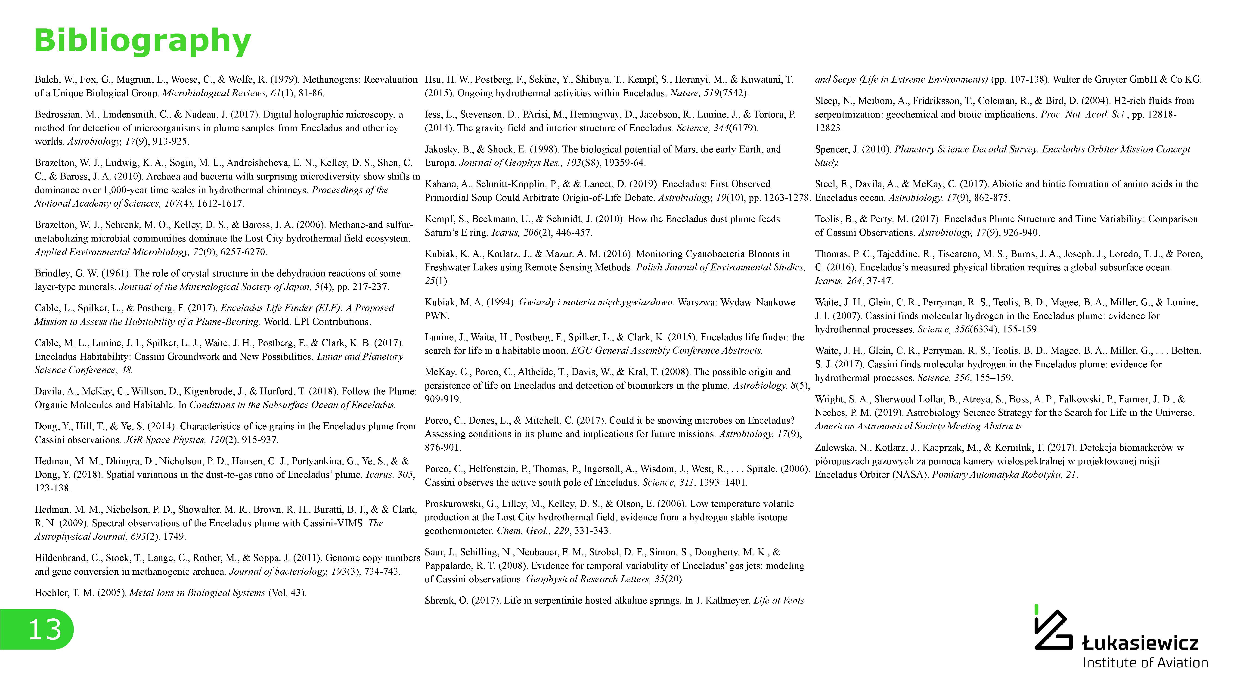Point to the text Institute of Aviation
pos(1145,663)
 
